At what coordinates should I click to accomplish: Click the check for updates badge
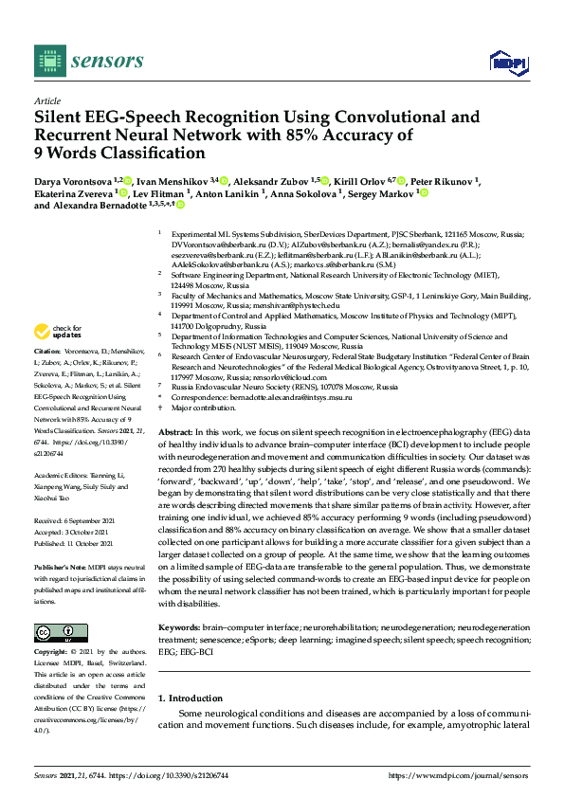(x=59, y=332)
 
